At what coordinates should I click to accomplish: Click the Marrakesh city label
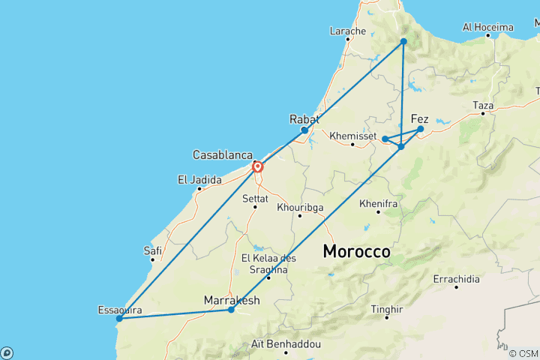(x=232, y=301)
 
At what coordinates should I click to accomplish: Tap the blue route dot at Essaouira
(x=118, y=319)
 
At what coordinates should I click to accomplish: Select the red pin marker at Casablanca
(x=257, y=166)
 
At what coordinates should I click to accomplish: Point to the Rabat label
(x=304, y=119)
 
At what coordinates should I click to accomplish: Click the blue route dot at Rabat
(x=304, y=130)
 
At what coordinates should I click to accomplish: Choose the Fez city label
(x=420, y=118)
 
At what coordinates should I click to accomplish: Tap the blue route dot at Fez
(x=421, y=129)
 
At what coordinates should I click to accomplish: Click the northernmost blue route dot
(x=403, y=41)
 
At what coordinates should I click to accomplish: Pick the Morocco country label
(x=356, y=252)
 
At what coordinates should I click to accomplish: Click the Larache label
(x=348, y=31)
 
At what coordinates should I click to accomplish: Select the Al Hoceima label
(x=488, y=27)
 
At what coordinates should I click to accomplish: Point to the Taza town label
(x=482, y=106)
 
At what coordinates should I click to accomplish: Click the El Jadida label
(x=199, y=180)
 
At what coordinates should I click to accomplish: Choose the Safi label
(x=152, y=250)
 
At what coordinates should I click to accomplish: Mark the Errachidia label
(x=456, y=279)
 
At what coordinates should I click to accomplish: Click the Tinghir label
(x=386, y=309)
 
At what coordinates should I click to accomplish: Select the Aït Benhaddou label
(x=286, y=344)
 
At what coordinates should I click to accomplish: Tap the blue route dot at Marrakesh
(x=231, y=310)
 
